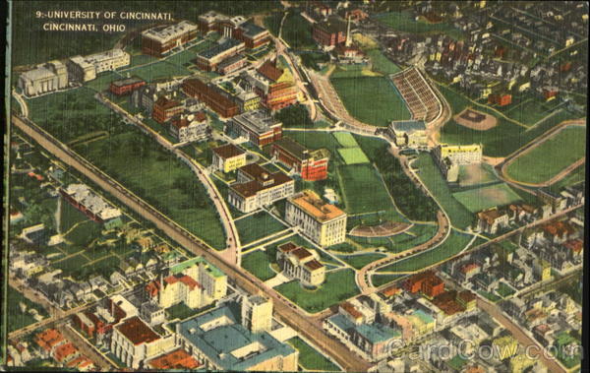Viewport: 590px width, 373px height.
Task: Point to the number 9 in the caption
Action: click(37, 16)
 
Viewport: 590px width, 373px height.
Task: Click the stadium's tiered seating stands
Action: click(417, 93)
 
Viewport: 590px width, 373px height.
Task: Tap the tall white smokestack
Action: click(348, 31)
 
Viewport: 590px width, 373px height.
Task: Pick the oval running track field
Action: click(547, 155)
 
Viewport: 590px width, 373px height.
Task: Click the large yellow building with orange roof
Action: click(317, 218)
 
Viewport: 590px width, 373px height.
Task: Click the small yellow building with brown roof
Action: click(229, 156)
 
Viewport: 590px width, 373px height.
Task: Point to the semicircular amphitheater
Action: click(382, 228)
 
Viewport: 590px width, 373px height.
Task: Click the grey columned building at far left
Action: click(42, 79)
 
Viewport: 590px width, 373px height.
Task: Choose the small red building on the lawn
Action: click(127, 86)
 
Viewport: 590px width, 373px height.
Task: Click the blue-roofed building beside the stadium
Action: click(408, 131)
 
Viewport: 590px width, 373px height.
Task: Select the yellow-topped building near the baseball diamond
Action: click(460, 153)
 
